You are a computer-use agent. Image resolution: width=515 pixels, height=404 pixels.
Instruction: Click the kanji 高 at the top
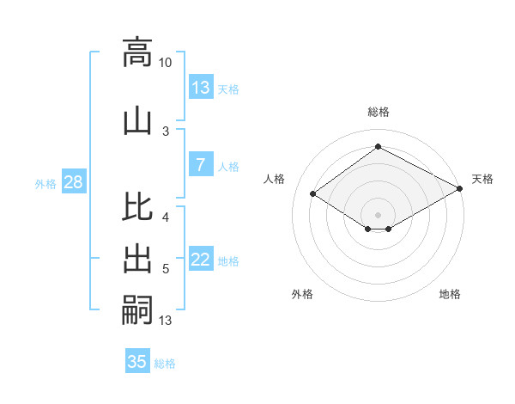pyautogui.click(x=137, y=53)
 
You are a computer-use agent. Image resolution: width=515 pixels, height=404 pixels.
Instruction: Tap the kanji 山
pyautogui.click(x=137, y=120)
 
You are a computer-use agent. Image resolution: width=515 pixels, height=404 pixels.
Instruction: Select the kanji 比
pyautogui.click(x=137, y=209)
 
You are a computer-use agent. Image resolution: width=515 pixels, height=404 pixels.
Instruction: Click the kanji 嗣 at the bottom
pyautogui.click(x=137, y=309)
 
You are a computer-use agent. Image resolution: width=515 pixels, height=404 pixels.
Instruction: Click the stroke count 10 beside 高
pyautogui.click(x=166, y=63)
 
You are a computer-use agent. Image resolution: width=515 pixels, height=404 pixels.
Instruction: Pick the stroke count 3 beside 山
pyautogui.click(x=166, y=131)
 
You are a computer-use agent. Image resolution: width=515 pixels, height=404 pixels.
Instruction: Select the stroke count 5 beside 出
pyautogui.click(x=166, y=269)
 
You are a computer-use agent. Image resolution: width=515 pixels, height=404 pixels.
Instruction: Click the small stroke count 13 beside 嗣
pyautogui.click(x=166, y=321)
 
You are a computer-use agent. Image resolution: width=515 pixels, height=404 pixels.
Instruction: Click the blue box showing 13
pyautogui.click(x=201, y=88)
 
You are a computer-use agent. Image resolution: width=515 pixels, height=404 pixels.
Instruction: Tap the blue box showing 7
pyautogui.click(x=201, y=165)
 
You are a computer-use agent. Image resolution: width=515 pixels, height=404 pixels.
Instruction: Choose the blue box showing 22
pyautogui.click(x=201, y=260)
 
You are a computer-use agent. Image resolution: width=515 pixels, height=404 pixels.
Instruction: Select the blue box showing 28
pyautogui.click(x=73, y=182)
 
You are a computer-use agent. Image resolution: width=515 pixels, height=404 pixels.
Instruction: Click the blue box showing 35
pyautogui.click(x=137, y=362)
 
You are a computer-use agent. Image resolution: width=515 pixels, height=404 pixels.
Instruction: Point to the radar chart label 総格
pyautogui.click(x=378, y=112)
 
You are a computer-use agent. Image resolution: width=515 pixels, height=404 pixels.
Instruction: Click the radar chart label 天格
pyautogui.click(x=482, y=179)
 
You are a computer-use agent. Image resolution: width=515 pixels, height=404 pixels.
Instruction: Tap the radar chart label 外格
pyautogui.click(x=302, y=294)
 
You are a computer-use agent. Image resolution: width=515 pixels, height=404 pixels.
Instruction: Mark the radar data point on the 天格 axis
pyautogui.click(x=461, y=190)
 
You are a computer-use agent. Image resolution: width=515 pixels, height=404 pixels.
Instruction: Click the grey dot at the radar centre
pyautogui.click(x=378, y=213)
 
